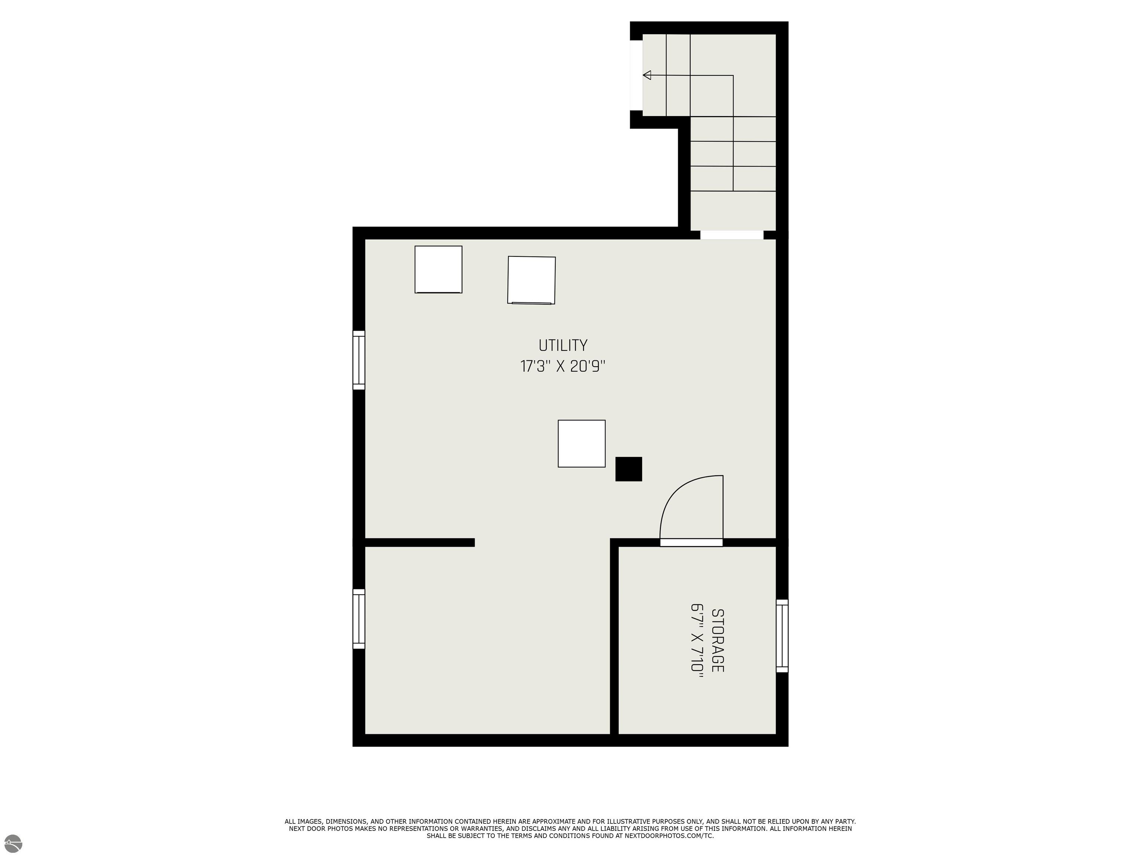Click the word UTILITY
[563, 345]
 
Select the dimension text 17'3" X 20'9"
[563, 366]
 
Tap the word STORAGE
[718, 641]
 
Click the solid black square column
[628, 469]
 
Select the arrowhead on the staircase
[647, 75]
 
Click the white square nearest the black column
[581, 444]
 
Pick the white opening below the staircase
[731, 235]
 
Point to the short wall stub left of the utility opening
[419, 542]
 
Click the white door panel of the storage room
[691, 542]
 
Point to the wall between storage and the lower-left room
[614, 639]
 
